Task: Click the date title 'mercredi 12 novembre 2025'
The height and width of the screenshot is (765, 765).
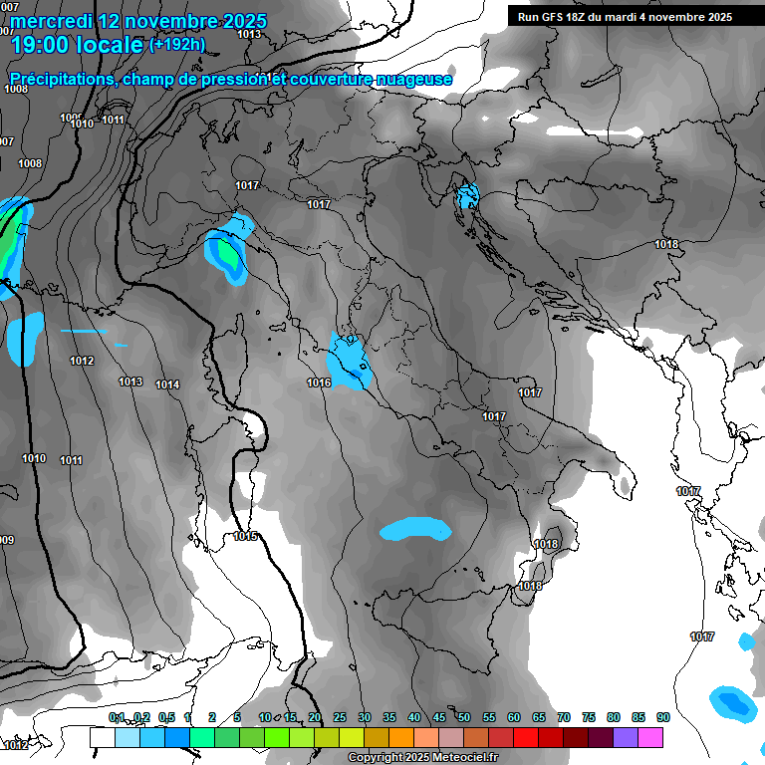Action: [138, 21]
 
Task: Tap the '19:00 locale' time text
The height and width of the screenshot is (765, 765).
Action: [77, 45]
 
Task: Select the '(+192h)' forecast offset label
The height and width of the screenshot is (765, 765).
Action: [176, 45]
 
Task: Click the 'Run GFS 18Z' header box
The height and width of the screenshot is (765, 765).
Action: [625, 16]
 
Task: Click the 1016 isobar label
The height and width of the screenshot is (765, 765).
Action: [319, 382]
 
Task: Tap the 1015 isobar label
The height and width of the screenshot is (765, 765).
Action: [245, 537]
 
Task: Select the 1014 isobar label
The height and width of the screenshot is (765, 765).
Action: [167, 384]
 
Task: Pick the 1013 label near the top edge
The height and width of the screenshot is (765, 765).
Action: [249, 34]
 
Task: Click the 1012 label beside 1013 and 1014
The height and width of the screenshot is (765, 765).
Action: [82, 361]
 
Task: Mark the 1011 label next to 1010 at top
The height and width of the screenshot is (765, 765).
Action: [113, 120]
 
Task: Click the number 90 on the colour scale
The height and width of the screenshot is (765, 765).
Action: [662, 717]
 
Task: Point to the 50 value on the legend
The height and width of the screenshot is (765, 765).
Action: [464, 717]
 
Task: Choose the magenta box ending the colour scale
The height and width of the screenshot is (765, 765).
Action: [650, 737]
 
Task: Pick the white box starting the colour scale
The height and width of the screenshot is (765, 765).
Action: [102, 737]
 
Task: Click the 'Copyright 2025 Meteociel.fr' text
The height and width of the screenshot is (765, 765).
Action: [411, 757]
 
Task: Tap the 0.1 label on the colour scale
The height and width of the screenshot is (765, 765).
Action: [116, 717]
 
